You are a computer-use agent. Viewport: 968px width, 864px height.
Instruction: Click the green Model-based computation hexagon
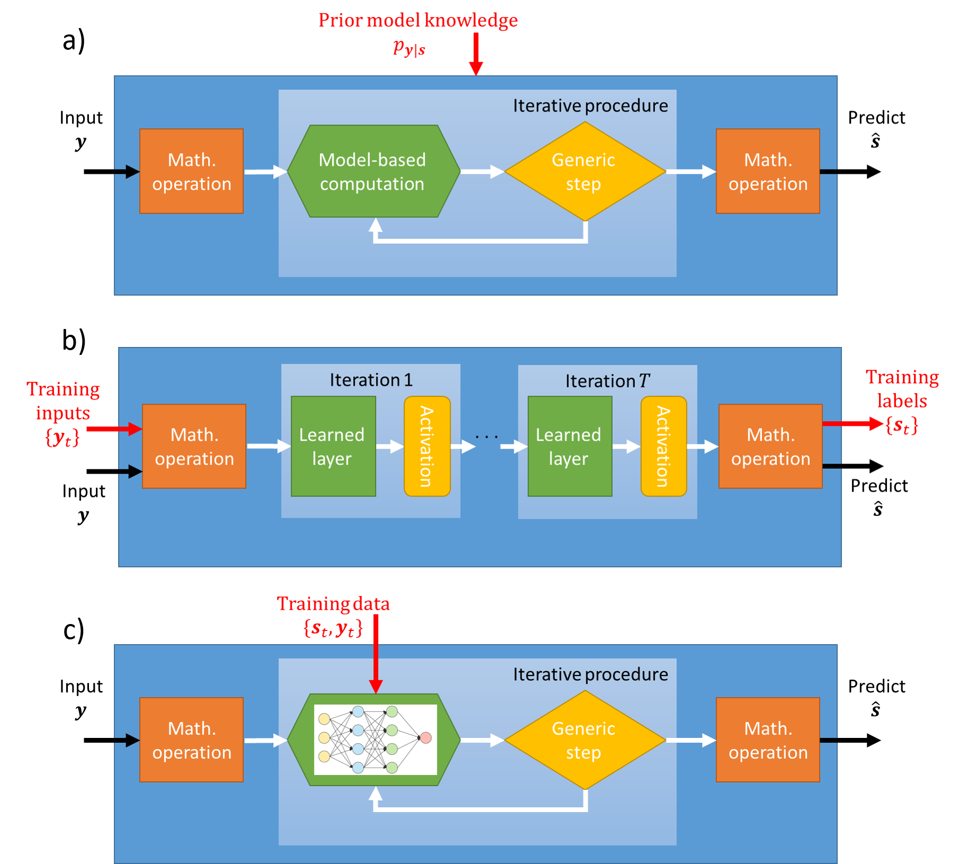(x=373, y=171)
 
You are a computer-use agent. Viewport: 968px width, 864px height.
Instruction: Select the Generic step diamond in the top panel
(x=585, y=171)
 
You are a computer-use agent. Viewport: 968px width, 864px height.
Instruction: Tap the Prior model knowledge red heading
(x=418, y=20)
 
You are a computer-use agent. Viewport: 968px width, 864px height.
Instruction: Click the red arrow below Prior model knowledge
(x=476, y=53)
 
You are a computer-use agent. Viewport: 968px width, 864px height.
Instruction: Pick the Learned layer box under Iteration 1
(x=333, y=446)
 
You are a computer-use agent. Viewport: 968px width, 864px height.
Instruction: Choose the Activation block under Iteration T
(x=664, y=446)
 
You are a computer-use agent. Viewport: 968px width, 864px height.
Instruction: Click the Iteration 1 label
(x=371, y=380)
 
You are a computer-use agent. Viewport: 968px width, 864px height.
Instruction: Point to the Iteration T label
(x=607, y=381)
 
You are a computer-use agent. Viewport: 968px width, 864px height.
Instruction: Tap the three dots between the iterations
(x=487, y=437)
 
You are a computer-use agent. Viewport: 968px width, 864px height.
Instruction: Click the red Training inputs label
(x=64, y=401)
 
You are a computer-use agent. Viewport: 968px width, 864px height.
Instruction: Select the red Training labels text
(x=901, y=389)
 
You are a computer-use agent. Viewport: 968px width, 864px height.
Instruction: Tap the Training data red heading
(x=333, y=604)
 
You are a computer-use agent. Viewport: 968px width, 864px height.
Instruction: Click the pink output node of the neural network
(x=425, y=737)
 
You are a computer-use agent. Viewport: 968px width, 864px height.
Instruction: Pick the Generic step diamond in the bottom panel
(x=585, y=740)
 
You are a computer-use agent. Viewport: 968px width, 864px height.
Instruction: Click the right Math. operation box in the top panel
(x=768, y=171)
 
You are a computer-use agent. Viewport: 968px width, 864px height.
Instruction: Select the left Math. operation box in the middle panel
(x=194, y=446)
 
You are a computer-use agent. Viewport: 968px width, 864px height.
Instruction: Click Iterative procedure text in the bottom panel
(x=590, y=674)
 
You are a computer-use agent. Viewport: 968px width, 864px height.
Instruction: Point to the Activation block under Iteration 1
(x=427, y=446)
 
